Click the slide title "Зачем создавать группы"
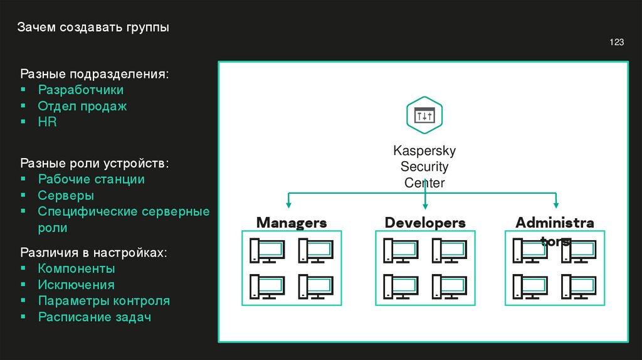coord(93,28)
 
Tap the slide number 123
coord(617,42)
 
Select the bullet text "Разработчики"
coord(81,90)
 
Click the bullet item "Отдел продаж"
coord(82,106)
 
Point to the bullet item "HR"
coord(47,122)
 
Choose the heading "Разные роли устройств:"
coord(95,163)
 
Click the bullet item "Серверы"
coord(66,195)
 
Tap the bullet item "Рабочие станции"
coord(92,179)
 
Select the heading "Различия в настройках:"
coord(94,252)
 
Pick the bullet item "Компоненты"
coord(76,268)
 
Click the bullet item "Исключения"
coord(76,285)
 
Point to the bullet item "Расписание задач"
coord(95,317)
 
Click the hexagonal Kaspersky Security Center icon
coord(424,115)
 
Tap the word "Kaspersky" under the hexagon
coord(424,151)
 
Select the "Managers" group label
coord(292,223)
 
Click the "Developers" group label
coord(425,223)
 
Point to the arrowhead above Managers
coord(288,204)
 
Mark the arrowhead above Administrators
coord(556,204)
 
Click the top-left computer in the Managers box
coord(267,251)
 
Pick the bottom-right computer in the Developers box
coord(450,287)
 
